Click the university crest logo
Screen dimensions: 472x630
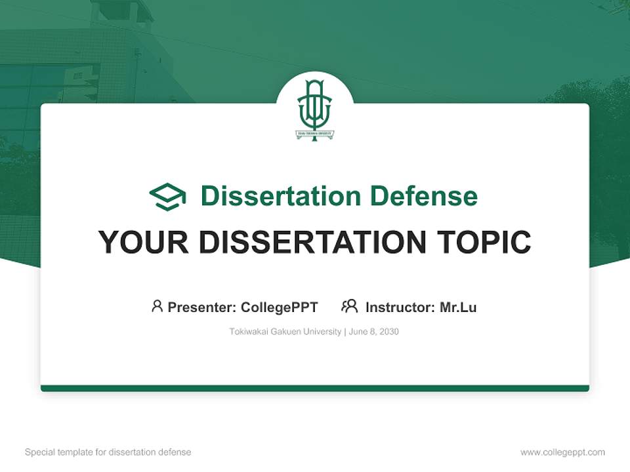(315, 109)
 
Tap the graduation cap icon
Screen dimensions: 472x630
(167, 197)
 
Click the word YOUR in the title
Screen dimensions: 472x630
(144, 243)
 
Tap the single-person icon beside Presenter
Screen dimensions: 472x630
(157, 306)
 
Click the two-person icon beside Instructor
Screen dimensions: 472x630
(349, 306)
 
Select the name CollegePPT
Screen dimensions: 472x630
(280, 307)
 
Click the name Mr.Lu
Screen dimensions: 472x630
(458, 307)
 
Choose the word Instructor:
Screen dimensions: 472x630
(400, 307)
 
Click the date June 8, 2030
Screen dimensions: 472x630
(374, 332)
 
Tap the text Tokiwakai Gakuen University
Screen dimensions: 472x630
(285, 332)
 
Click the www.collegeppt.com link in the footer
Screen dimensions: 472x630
(562, 452)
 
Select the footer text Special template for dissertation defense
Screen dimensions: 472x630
(108, 452)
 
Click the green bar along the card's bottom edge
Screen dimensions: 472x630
(315, 388)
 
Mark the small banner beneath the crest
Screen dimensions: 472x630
(315, 134)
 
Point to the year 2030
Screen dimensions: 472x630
(388, 332)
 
